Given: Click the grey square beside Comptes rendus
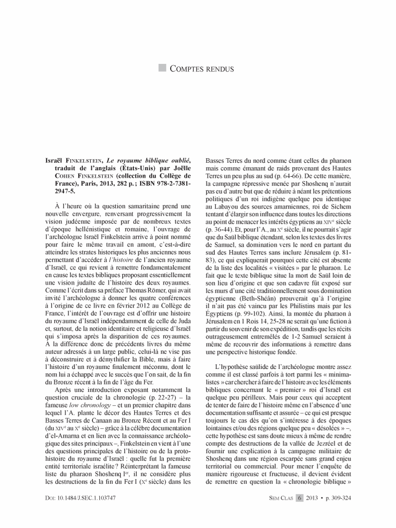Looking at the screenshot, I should click(163, 68).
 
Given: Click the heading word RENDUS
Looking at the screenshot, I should click(217, 69).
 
